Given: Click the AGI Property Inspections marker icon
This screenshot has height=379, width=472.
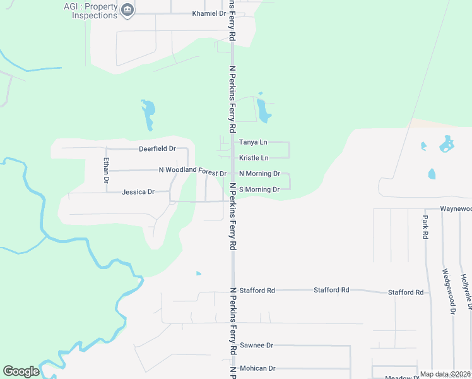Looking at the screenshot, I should (128, 11).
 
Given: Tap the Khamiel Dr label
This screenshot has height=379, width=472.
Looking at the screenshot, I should (209, 13).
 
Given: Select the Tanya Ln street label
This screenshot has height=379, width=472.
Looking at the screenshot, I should (253, 143).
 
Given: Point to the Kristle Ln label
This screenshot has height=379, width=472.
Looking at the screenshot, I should (254, 158).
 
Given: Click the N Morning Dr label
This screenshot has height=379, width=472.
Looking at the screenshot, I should (259, 174).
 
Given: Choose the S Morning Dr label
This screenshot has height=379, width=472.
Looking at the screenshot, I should (259, 189).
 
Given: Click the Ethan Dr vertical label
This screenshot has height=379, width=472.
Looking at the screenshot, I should (107, 170).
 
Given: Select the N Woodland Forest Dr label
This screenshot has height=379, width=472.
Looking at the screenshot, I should (192, 172).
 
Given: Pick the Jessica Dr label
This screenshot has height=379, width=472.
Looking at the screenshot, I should (138, 192).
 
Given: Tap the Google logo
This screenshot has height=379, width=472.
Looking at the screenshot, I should (21, 371).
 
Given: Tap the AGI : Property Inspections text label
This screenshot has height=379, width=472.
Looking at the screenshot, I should (91, 11).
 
